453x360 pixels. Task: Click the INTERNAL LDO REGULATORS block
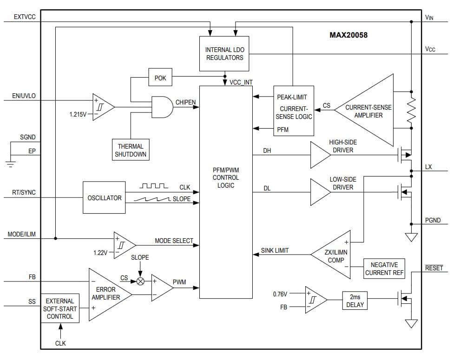(224, 54)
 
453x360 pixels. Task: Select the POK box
(160, 78)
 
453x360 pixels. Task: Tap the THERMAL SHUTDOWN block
(131, 150)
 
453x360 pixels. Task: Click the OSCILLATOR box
(104, 198)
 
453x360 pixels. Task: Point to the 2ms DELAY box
(355, 301)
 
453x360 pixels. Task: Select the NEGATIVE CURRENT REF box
(384, 269)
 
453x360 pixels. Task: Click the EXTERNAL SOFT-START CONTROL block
(59, 308)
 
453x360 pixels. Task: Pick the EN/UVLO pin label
(24, 97)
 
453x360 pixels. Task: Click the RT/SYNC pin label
(24, 193)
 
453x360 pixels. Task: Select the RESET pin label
(433, 268)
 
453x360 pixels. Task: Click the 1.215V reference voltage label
(78, 114)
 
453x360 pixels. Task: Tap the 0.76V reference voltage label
(280, 294)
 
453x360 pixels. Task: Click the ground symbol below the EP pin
(11, 163)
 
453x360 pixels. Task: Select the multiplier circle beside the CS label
(140, 281)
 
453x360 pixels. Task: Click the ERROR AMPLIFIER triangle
(107, 294)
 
